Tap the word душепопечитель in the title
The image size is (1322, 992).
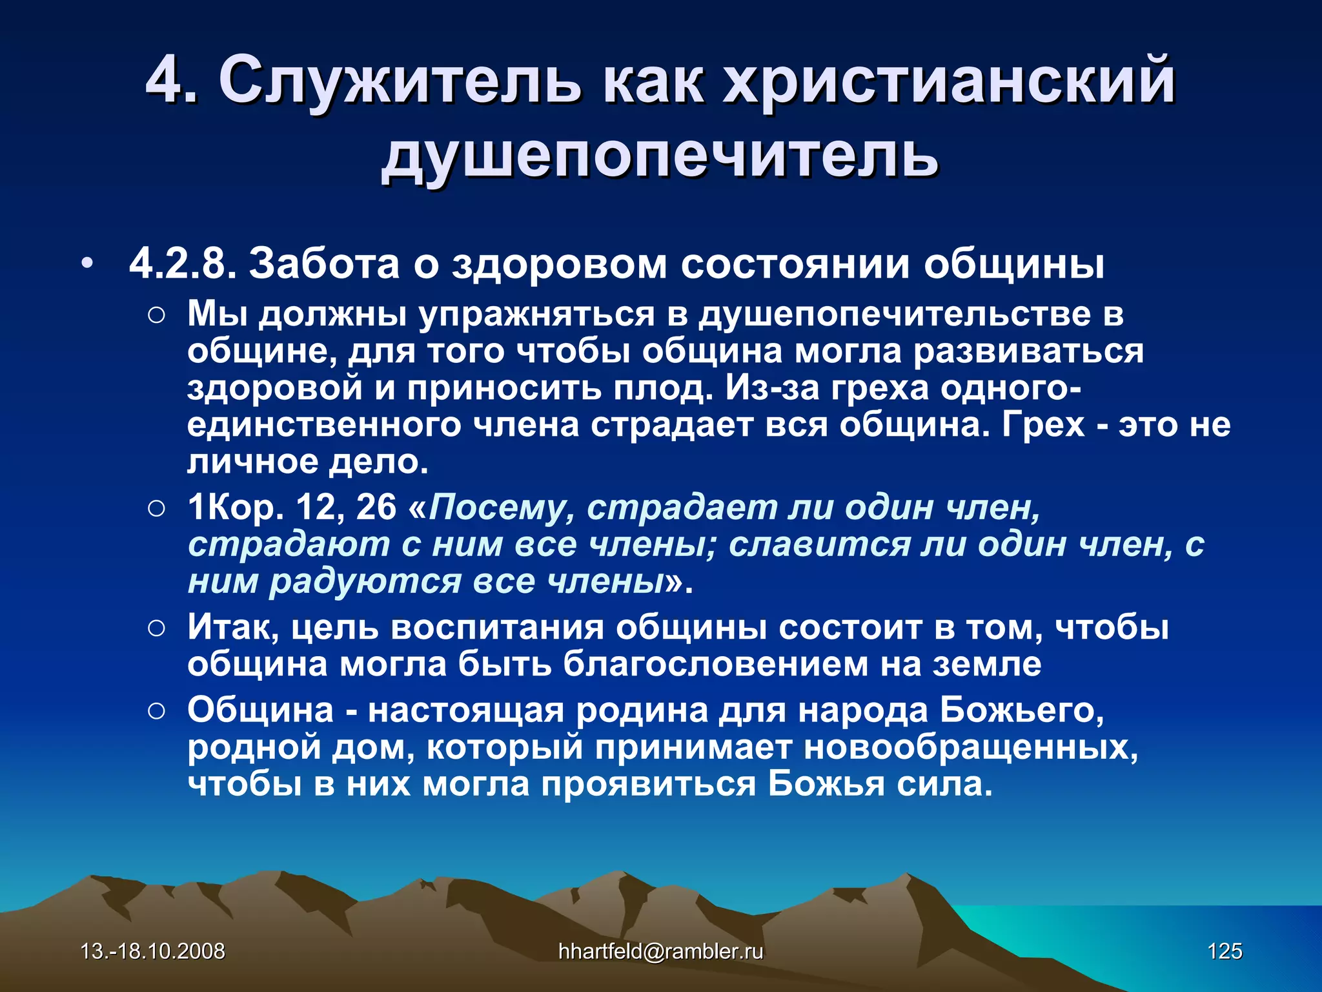(660, 156)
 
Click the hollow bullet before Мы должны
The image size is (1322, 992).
(157, 316)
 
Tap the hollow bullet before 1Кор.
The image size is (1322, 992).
(157, 508)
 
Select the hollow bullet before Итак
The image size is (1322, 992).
(157, 628)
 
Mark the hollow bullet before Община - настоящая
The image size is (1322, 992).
(157, 711)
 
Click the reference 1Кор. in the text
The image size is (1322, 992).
(236, 508)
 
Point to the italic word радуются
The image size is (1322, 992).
(365, 581)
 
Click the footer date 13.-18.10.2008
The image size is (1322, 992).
(153, 951)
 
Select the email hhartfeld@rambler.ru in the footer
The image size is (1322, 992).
(660, 951)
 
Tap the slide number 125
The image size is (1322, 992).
(1225, 951)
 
